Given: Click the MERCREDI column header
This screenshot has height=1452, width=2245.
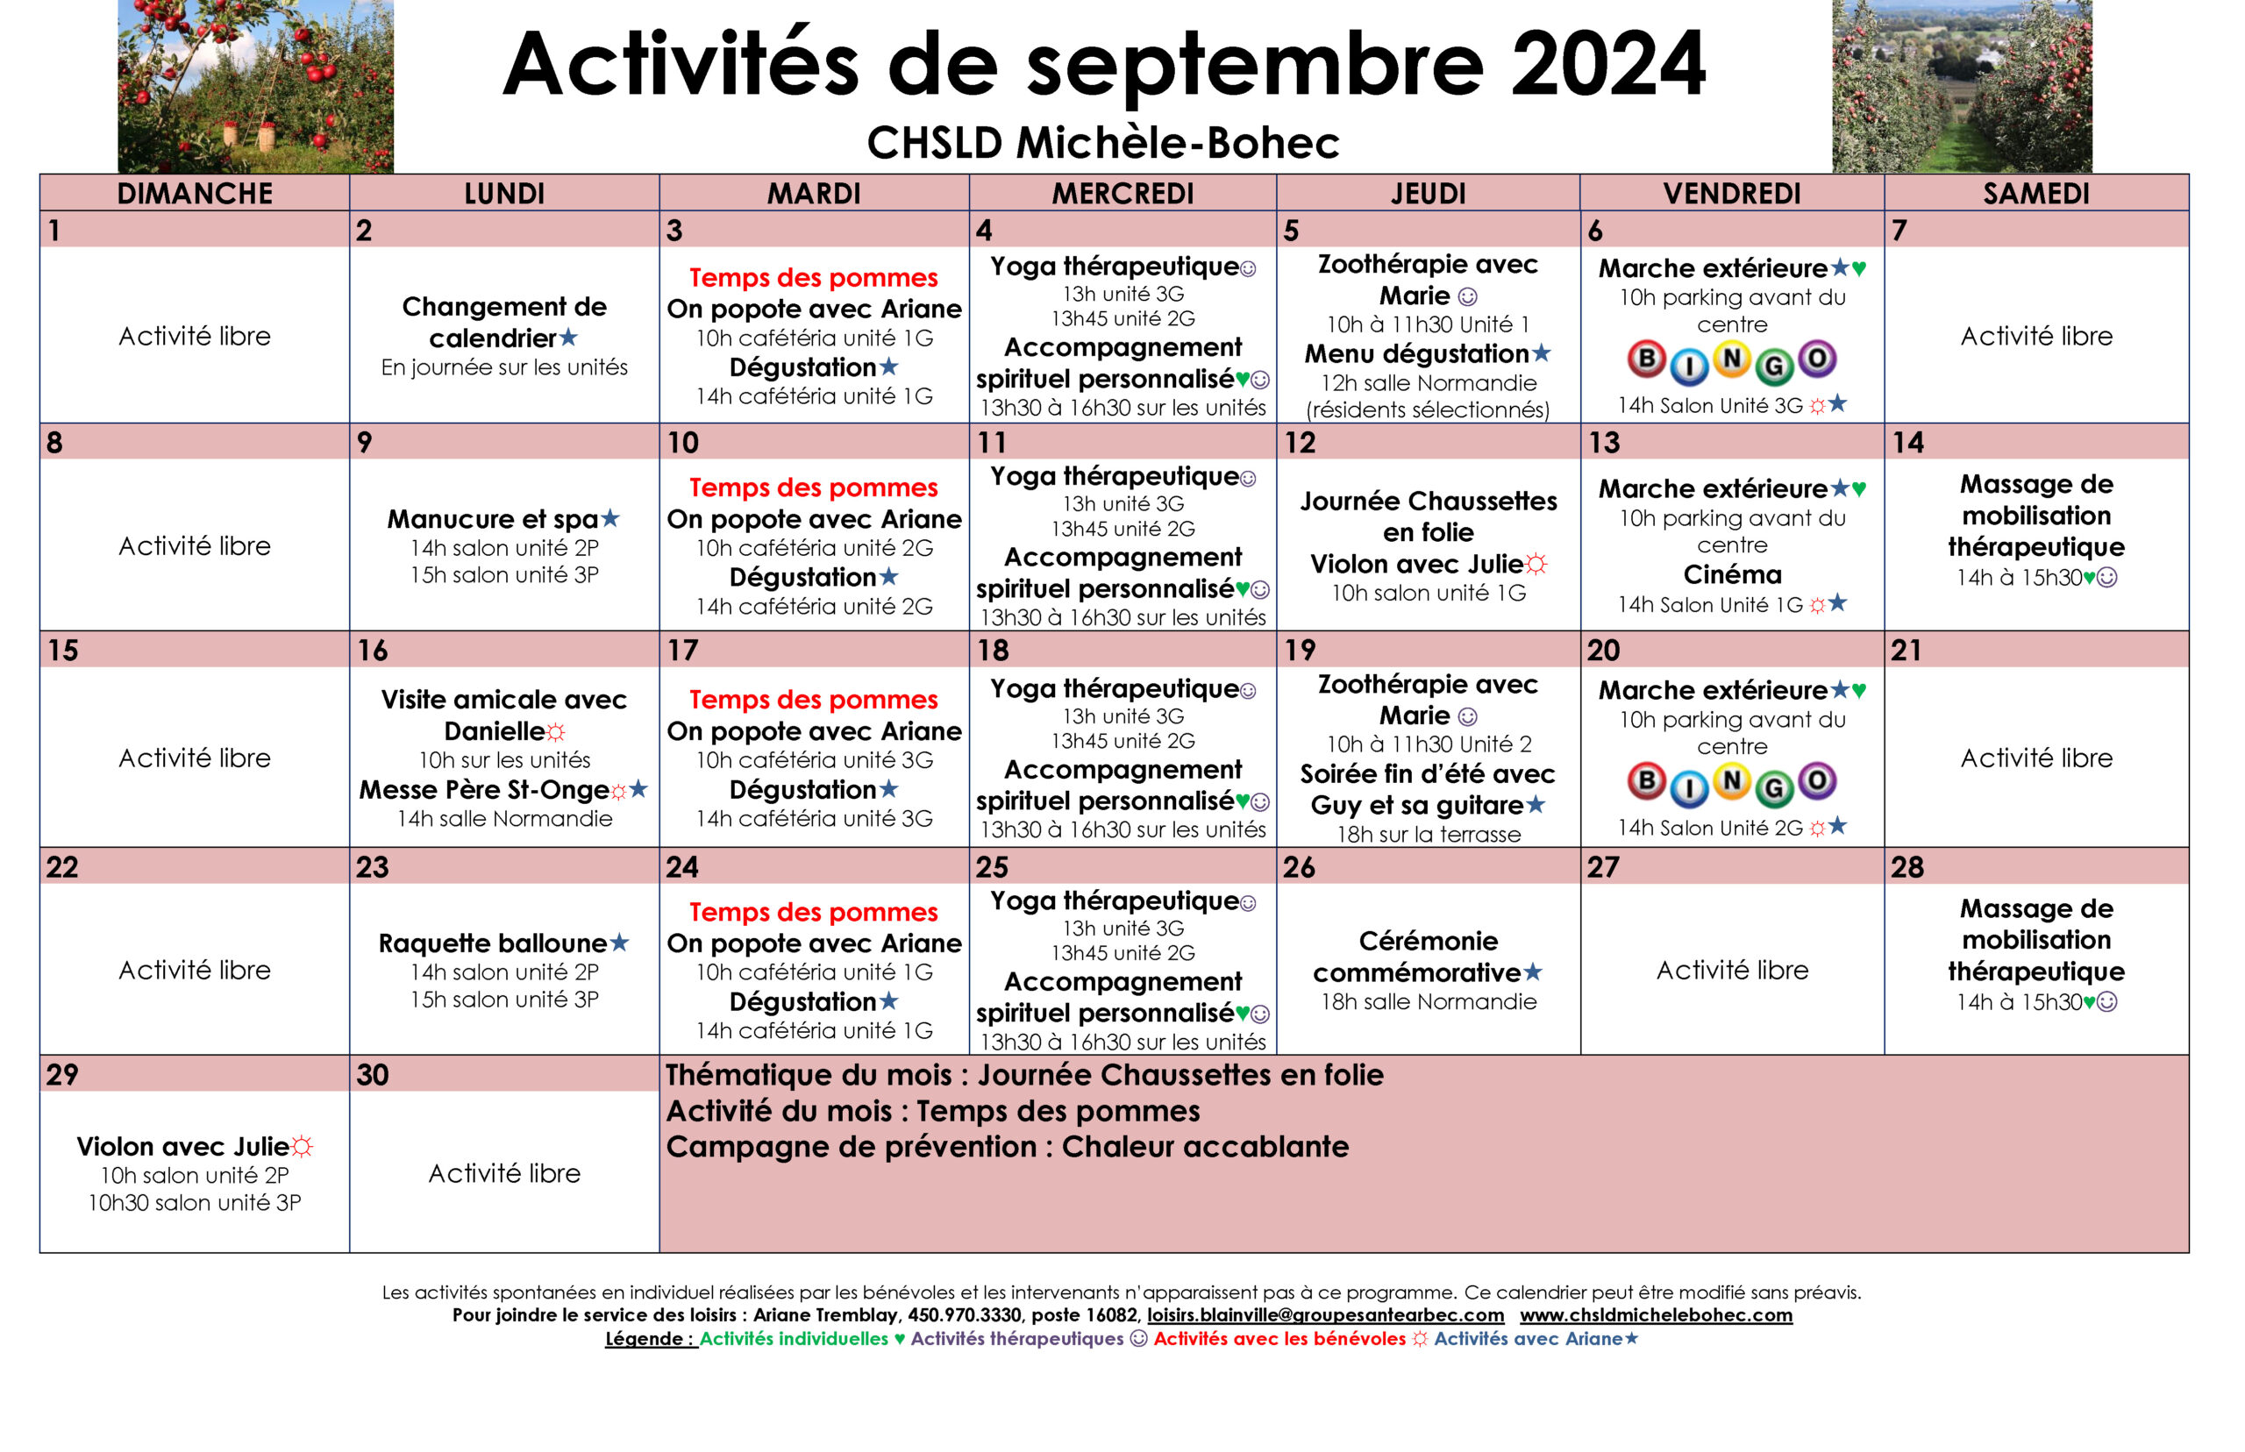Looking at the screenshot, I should [1122, 193].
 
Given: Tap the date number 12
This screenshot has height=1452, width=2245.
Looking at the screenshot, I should [1300, 442].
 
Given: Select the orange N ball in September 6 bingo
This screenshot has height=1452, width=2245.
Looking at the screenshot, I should [1731, 359].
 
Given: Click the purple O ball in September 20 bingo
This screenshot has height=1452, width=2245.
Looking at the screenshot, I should [1816, 780].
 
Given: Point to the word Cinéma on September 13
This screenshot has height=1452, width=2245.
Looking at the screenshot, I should [1732, 574].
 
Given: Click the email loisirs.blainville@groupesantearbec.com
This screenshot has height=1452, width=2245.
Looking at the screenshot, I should [1325, 1314].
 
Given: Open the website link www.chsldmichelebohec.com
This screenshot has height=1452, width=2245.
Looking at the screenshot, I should [1655, 1314].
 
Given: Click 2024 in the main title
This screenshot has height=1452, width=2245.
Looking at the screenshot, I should [1607, 64].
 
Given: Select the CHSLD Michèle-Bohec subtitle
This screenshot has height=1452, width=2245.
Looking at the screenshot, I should [1102, 143].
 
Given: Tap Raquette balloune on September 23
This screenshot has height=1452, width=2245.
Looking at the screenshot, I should [492, 943].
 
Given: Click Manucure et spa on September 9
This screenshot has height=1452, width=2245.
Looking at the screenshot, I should [492, 518].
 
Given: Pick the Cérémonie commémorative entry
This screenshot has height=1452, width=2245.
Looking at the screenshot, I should [1428, 956].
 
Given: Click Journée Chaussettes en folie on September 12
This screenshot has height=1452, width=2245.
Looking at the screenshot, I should [1428, 516].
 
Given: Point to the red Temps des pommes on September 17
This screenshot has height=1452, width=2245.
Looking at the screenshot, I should [813, 700].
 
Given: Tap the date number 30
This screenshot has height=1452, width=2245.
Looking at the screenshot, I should [373, 1075].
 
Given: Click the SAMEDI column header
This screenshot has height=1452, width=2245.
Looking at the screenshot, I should [2035, 193].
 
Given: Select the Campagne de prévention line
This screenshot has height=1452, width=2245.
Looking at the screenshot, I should [1007, 1147].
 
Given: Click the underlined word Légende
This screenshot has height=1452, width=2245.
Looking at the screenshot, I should [649, 1338].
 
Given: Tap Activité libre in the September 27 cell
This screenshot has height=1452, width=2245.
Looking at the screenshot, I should [1732, 971].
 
